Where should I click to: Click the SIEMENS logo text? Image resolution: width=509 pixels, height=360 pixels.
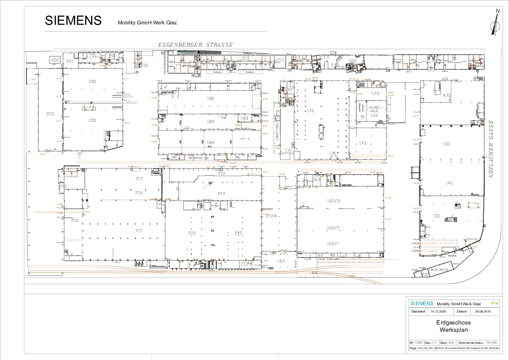pyautogui.click(x=422, y=304)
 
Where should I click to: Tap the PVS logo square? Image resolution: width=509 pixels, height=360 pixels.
pyautogui.click(x=494, y=303)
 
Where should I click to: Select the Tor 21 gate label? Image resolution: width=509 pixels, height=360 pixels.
pyautogui.click(x=127, y=79)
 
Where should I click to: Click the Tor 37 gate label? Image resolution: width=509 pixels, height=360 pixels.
pyautogui.click(x=390, y=156)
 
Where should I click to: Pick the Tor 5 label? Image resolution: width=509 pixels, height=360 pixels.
pyautogui.click(x=288, y=53)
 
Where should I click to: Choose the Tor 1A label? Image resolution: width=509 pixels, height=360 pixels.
pyautogui.click(x=265, y=172)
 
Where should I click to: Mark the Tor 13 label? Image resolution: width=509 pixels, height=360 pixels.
pyautogui.click(x=253, y=174)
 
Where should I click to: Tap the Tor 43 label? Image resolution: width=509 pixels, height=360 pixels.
pyautogui.click(x=390, y=95)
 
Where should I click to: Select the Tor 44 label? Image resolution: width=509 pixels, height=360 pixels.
pyautogui.click(x=352, y=79)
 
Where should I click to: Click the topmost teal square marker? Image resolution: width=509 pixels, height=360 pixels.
pyautogui.click(x=212, y=217)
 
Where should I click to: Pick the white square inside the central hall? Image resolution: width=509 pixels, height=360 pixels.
pyautogui.click(x=214, y=121)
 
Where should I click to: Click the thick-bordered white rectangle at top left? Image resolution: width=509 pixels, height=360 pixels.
pyautogui.click(x=55, y=59)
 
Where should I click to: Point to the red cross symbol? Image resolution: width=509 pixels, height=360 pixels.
pyautogui.click(x=480, y=63)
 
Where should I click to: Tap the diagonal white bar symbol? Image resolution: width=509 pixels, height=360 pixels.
pyautogui.click(x=207, y=185)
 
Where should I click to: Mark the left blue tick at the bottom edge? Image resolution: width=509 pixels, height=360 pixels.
pyautogui.click(x=151, y=357)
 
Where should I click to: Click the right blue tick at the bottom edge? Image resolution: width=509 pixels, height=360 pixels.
pyautogui.click(x=278, y=357)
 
